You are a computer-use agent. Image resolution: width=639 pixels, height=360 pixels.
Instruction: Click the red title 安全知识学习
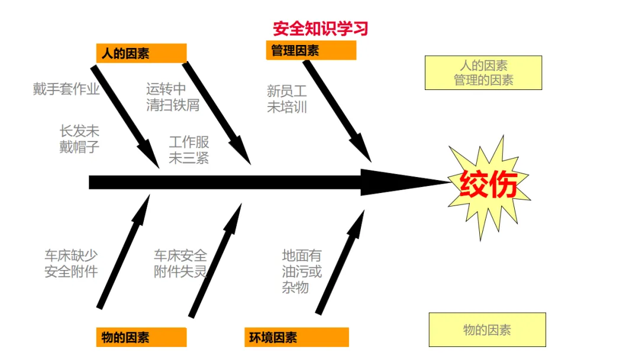pos(320,28)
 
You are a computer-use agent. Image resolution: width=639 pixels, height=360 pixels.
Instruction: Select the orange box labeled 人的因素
pos(141,53)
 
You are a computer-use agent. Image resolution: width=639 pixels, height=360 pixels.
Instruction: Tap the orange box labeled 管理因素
pos(311,51)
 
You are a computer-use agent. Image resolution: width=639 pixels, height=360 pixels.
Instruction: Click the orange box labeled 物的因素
pos(141,337)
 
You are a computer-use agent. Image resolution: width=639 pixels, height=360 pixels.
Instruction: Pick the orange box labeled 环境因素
pos(296,337)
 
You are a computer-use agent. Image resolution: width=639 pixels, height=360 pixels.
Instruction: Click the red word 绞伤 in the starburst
pos(489,185)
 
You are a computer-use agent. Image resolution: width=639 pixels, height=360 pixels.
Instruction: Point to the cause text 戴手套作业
pos(66,89)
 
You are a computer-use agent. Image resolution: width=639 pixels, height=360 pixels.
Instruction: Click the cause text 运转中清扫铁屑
pos(172,97)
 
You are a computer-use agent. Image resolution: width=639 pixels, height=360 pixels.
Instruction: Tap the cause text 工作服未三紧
pos(189,150)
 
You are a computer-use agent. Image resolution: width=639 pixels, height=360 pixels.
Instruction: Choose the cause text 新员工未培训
pos(287,99)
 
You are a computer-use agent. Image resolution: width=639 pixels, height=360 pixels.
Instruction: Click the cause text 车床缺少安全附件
pos(71,263)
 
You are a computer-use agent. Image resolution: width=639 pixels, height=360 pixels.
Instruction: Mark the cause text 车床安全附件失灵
pos(180,263)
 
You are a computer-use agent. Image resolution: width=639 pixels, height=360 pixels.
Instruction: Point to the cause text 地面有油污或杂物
pos(302,272)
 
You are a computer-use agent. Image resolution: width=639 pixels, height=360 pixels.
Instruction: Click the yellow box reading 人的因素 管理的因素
pos(483,73)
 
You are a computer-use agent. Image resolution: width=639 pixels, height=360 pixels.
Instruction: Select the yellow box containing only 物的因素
pos(487,330)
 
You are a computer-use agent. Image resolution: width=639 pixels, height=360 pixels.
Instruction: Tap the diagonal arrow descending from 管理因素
pos(337,110)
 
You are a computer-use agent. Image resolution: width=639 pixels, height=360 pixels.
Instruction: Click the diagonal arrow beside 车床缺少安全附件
pos(124,255)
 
